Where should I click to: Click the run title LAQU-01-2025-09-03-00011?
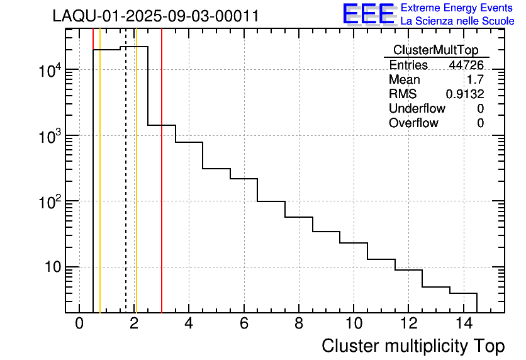tap(155, 16)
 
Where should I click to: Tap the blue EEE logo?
tap(369, 14)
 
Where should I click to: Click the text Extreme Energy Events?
tap(457, 8)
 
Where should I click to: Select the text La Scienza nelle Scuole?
tap(457, 21)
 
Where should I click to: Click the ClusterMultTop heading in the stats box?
tap(435, 50)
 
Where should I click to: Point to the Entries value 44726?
tap(466, 65)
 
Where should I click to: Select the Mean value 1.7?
tap(475, 80)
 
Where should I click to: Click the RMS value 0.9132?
tap(464, 94)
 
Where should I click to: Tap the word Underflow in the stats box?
tap(417, 109)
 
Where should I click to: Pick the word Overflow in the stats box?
tap(413, 123)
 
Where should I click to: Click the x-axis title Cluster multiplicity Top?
tap(413, 346)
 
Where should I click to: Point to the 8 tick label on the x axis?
tap(298, 324)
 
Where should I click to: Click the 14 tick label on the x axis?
tap(462, 324)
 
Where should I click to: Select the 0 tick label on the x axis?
tap(79, 324)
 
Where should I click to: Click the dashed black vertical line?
tap(126, 189)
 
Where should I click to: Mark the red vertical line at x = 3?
tap(162, 189)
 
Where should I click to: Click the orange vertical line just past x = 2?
tap(136, 189)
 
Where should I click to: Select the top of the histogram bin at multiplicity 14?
tap(463, 293)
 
